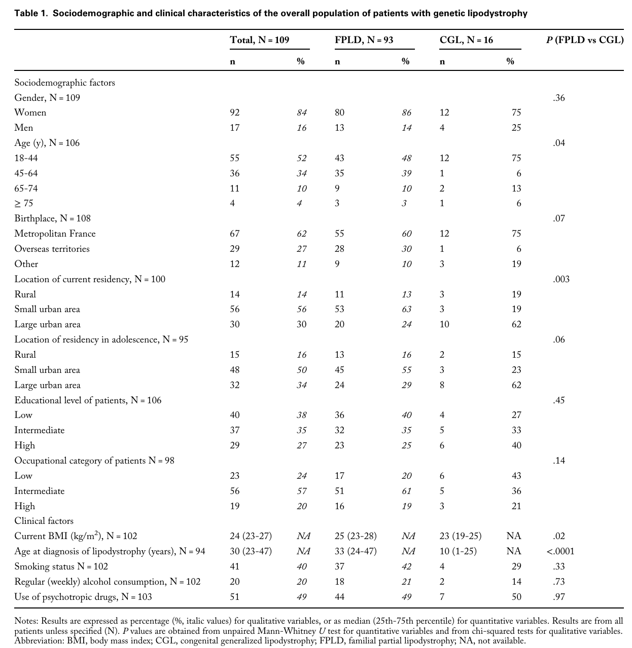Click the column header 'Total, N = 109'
(x=259, y=40)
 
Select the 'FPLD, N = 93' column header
(x=364, y=40)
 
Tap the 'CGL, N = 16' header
(x=466, y=40)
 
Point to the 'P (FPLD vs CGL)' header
(x=585, y=40)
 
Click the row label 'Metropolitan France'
(x=55, y=234)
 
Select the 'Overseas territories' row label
(x=52, y=249)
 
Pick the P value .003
(x=561, y=279)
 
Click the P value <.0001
(x=560, y=551)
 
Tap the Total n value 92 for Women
(x=235, y=112)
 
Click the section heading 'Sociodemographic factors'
(x=64, y=83)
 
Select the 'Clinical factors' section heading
(x=44, y=521)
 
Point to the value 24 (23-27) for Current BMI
(x=251, y=536)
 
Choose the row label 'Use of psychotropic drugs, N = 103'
(x=83, y=597)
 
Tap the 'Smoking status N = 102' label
(x=61, y=566)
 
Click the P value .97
(x=558, y=597)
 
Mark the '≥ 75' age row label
(x=24, y=204)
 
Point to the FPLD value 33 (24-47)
(x=356, y=551)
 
